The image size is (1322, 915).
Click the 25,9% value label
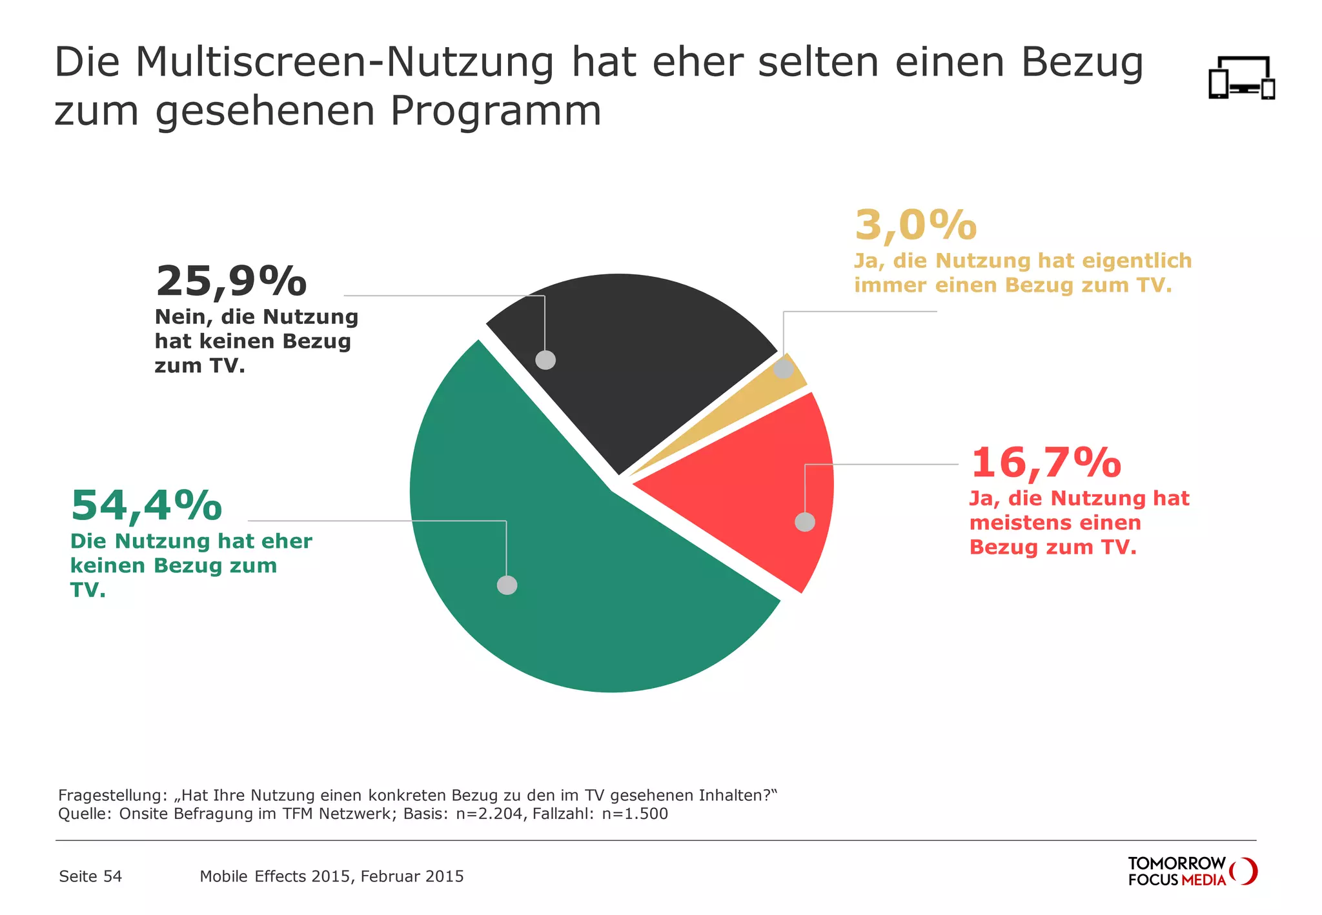[x=231, y=282]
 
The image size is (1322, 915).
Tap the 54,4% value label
[x=147, y=505]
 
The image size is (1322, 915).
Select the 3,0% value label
[x=915, y=225]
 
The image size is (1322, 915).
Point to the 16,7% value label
[x=1046, y=463]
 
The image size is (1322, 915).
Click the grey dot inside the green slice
[x=507, y=585]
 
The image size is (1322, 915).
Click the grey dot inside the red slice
[x=805, y=522]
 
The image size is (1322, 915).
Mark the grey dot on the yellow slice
[x=784, y=369]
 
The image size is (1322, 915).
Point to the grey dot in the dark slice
[x=545, y=360]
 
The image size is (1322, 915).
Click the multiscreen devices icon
[x=1241, y=78]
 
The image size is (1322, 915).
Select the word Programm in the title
[x=496, y=112]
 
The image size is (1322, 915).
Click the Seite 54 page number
[x=90, y=876]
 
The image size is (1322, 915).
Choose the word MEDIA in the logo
[x=1204, y=880]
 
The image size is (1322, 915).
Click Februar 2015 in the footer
[x=412, y=876]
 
